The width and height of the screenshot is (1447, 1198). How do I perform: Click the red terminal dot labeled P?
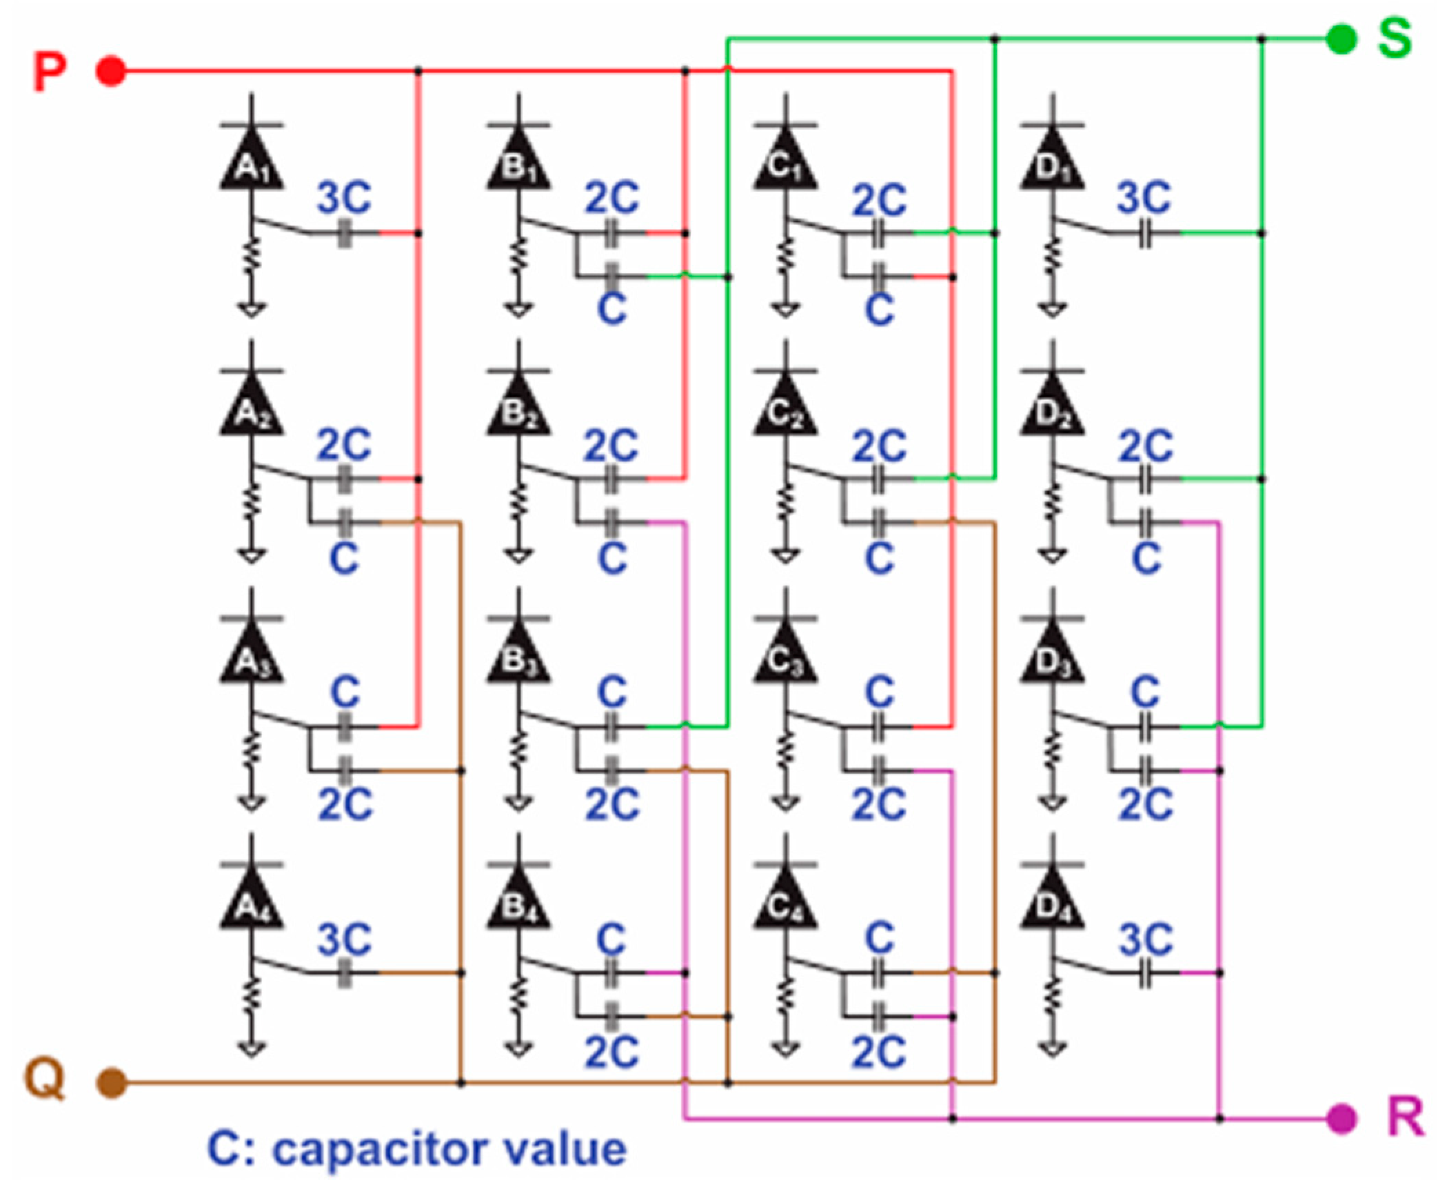pos(110,71)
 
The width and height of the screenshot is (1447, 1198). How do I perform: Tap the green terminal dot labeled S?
pos(1341,39)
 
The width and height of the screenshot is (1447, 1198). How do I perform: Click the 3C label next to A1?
pos(344,198)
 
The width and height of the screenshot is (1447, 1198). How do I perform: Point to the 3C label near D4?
pos(1145,939)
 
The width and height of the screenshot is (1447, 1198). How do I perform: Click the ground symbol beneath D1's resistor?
pos(1052,310)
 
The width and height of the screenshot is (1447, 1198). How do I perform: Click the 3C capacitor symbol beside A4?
pos(345,972)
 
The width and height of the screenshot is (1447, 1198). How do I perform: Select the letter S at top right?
pos(1394,39)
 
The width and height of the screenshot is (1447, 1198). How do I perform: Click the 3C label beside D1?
pos(1144,198)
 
